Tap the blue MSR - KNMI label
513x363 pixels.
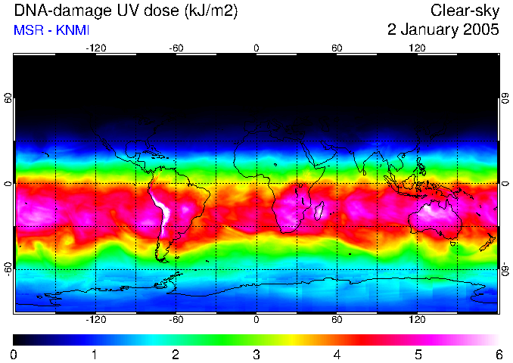pos(47,30)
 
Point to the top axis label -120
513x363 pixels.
pos(95,48)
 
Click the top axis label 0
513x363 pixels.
pos(256,48)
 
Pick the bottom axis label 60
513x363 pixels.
pos(337,319)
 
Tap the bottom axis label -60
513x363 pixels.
pos(176,319)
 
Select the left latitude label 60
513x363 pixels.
pos(8,99)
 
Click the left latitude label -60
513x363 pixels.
pos(8,268)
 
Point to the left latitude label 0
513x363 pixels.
pos(8,184)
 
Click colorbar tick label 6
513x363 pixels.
pos(498,354)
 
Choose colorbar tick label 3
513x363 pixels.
pos(256,354)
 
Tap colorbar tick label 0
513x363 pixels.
pos(14,354)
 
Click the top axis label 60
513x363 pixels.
pos(337,48)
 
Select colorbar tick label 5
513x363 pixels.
pos(418,354)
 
